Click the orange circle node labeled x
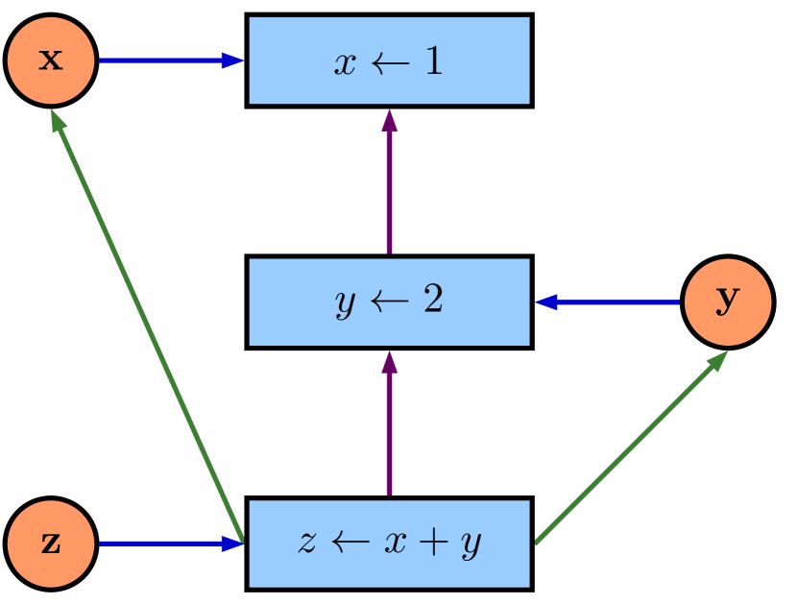point(50,60)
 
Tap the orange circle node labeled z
point(50,544)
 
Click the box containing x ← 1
point(389,60)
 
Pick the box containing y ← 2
point(389,302)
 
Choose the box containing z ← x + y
point(389,544)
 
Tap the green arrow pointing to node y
point(629,447)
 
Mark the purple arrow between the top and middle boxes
point(389,182)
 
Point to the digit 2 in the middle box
point(432,302)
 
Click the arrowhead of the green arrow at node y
point(717,360)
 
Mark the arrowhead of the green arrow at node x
point(58,119)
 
